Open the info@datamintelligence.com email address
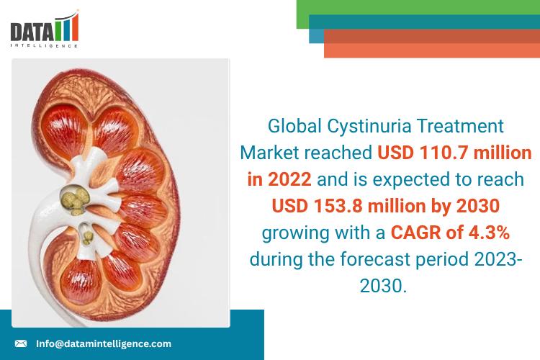pyautogui.click(x=104, y=343)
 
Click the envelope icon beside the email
pyautogui.click(x=21, y=343)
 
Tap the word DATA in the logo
pyautogui.click(x=31, y=31)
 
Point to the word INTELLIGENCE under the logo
pyautogui.click(x=45, y=46)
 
